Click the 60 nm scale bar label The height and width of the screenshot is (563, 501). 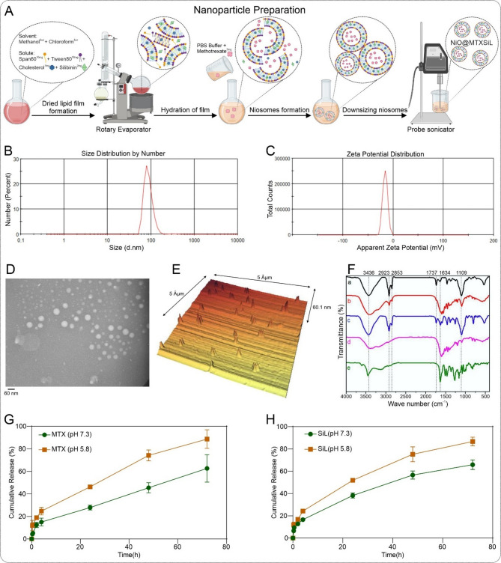pyautogui.click(x=11, y=392)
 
